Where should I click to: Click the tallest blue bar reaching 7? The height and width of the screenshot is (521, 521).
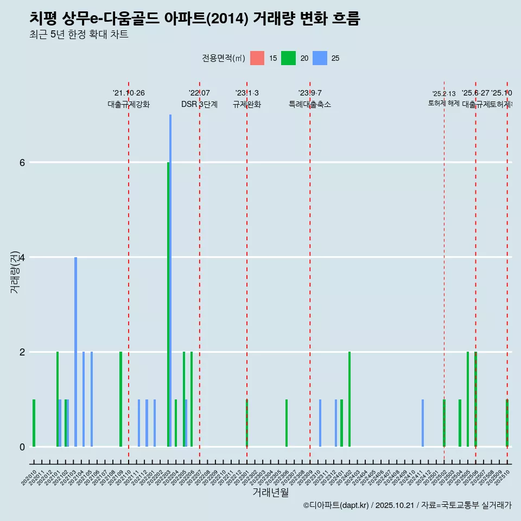click(170, 280)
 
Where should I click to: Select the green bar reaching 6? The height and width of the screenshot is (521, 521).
click(168, 304)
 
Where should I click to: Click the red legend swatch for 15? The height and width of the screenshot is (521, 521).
click(257, 58)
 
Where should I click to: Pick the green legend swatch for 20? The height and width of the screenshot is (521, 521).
click(288, 58)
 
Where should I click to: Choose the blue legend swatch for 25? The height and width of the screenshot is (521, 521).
click(320, 58)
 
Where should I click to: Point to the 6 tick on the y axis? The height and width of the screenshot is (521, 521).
click(22, 162)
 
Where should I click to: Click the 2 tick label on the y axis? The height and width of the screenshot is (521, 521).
click(22, 352)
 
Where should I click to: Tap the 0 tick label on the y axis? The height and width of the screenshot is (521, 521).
click(22, 447)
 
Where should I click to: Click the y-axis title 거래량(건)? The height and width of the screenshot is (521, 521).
click(15, 271)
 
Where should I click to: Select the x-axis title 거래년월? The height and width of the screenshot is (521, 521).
click(270, 492)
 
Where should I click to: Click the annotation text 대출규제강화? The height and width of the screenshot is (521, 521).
click(129, 105)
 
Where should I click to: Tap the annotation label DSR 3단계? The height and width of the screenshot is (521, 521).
click(199, 105)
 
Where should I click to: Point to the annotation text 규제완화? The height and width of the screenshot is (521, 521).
click(247, 105)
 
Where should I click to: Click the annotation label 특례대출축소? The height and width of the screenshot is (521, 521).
click(309, 105)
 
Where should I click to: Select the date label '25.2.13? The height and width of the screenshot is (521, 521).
click(444, 94)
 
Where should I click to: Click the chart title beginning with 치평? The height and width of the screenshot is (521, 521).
click(194, 18)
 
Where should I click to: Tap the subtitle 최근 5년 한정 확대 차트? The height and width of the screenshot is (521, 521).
click(79, 35)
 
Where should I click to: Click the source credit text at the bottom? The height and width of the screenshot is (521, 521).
click(407, 505)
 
